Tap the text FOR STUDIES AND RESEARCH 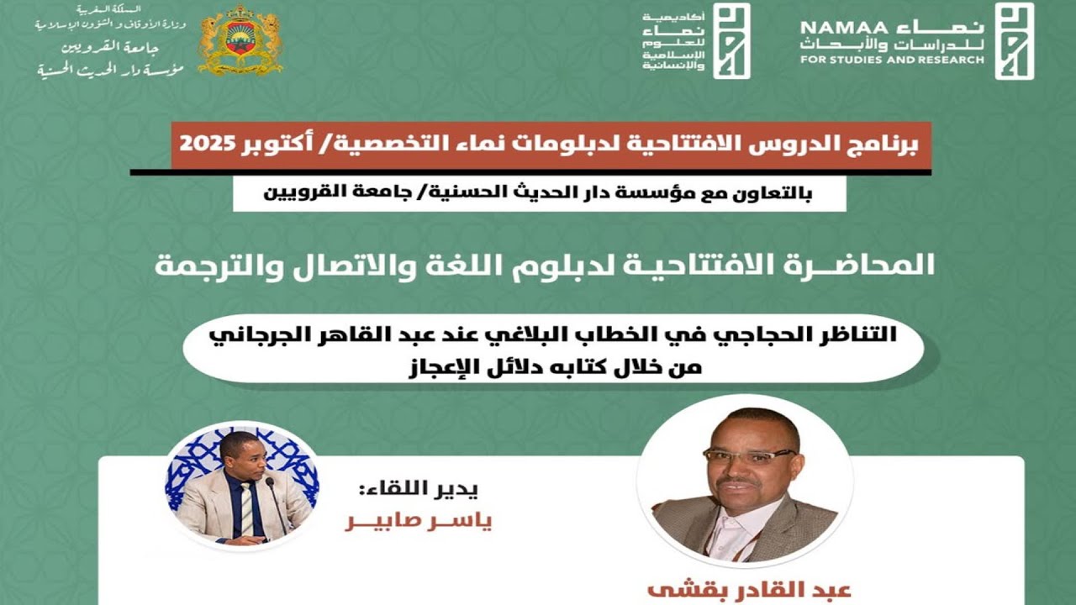click(x=891, y=60)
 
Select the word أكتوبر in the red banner click(x=273, y=145)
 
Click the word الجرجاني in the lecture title click(x=248, y=334)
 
